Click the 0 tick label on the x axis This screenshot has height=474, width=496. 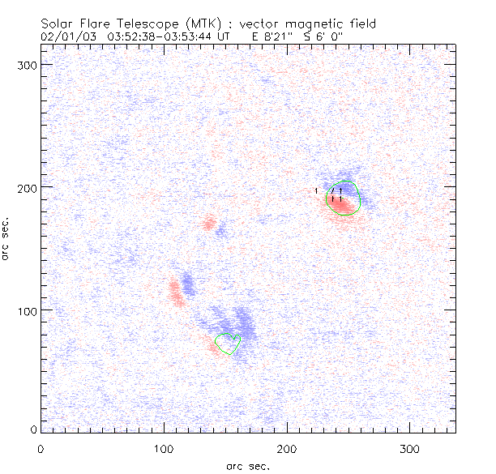pyautogui.click(x=40, y=449)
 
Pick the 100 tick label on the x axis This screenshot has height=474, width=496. pyautogui.click(x=164, y=449)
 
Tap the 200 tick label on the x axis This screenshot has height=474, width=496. pyautogui.click(x=287, y=449)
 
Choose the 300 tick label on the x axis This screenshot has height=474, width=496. pyautogui.click(x=410, y=449)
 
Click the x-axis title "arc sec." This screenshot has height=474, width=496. pyautogui.click(x=248, y=466)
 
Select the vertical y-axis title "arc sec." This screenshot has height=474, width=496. pyautogui.click(x=6, y=238)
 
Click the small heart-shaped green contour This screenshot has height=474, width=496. pyautogui.click(x=229, y=344)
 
